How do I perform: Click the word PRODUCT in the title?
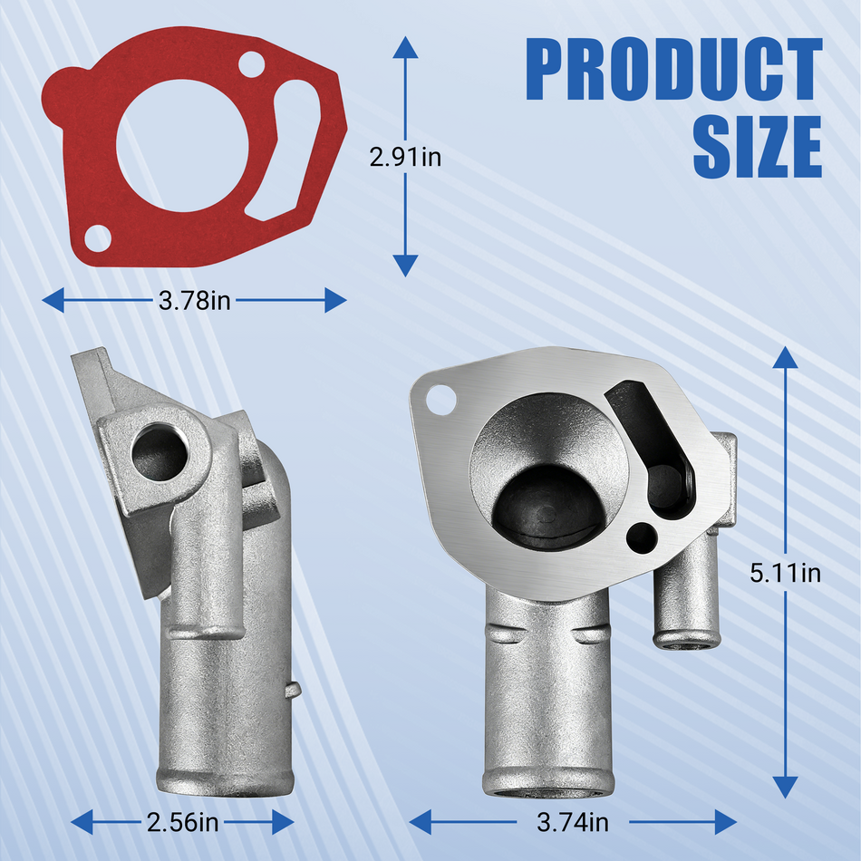(x=673, y=69)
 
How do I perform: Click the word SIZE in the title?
(x=757, y=147)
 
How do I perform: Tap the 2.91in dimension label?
(x=405, y=158)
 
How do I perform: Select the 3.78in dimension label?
(x=194, y=300)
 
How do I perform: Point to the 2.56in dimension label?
(x=182, y=822)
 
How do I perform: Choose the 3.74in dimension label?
(x=573, y=822)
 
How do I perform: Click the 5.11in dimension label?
(x=785, y=574)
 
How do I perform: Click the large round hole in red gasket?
(x=182, y=146)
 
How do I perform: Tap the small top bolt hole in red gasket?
(x=251, y=64)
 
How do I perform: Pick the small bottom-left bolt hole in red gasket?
(x=98, y=238)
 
